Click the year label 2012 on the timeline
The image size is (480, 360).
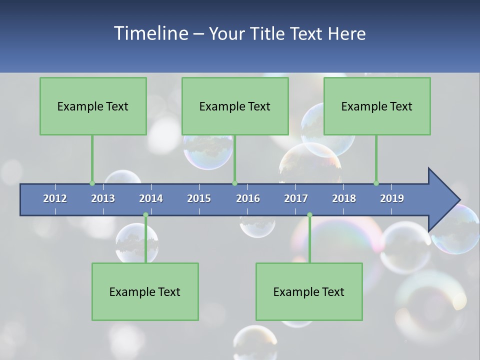pos(55,198)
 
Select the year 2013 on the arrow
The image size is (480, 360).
pos(103,198)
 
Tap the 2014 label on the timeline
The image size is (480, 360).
pos(151,198)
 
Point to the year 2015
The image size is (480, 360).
pos(199,198)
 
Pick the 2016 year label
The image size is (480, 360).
pos(248,198)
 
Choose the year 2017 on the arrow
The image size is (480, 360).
pos(296,198)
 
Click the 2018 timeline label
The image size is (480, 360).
pos(344,198)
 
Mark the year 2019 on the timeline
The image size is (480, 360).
pos(392,198)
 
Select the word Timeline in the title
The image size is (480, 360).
pos(150,33)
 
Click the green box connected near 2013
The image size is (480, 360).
pos(93,106)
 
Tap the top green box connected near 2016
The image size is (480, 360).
pos(235,106)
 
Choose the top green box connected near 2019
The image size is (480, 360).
pos(377,106)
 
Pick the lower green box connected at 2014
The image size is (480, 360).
pos(145,291)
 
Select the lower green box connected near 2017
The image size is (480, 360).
pos(309,291)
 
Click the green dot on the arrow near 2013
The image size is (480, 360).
pos(92,183)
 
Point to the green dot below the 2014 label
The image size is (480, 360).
pos(145,215)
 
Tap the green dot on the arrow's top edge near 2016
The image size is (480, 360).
pos(234,183)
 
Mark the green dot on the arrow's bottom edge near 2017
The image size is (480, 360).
pos(309,215)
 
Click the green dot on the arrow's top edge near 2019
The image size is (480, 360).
pos(376,183)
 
